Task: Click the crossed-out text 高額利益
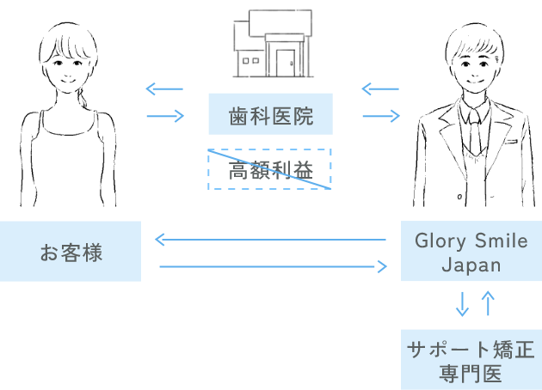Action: (270, 169)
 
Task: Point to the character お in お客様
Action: (50, 253)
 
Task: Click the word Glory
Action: (440, 241)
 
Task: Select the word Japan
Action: (471, 265)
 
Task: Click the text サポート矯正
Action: (471, 350)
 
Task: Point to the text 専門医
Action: (471, 375)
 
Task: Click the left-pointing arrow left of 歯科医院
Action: (164, 88)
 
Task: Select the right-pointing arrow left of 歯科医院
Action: (165, 116)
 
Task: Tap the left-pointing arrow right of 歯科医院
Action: (380, 88)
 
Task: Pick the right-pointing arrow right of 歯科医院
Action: (381, 116)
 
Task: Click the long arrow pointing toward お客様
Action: (269, 240)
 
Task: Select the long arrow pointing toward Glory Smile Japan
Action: (274, 267)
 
